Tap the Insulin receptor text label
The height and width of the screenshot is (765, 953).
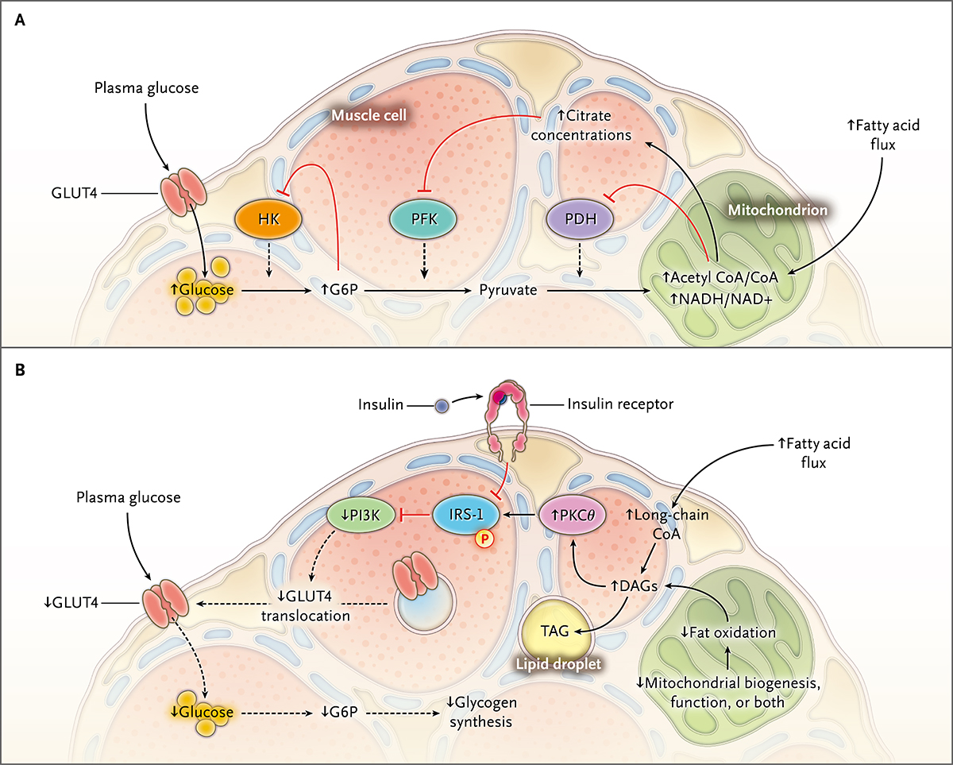click(620, 404)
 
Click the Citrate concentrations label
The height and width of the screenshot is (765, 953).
click(581, 126)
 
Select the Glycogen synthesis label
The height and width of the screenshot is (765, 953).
click(479, 714)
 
